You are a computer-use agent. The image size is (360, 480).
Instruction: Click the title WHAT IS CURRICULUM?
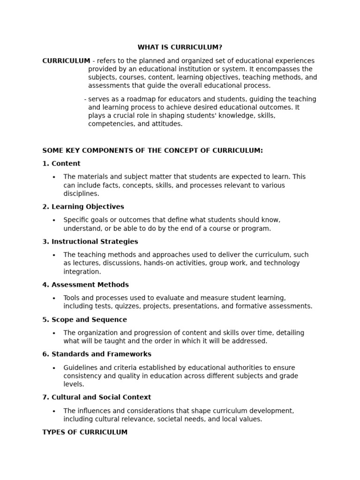click(x=180, y=47)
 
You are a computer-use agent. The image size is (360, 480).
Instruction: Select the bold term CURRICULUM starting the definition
click(x=66, y=60)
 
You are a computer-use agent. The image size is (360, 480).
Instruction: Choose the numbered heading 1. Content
click(x=61, y=164)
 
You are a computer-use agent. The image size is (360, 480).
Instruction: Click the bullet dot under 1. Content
click(x=54, y=177)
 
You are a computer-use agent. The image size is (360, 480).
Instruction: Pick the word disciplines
click(x=81, y=194)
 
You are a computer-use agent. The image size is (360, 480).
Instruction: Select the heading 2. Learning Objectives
click(x=83, y=207)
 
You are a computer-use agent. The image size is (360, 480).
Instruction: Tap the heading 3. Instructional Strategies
click(x=90, y=241)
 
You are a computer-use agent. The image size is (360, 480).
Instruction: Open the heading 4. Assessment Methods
click(x=85, y=285)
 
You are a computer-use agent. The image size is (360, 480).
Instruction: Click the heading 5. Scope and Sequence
click(x=84, y=320)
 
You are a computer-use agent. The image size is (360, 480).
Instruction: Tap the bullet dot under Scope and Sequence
click(x=54, y=333)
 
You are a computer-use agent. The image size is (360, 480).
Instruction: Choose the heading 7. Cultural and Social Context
click(x=97, y=397)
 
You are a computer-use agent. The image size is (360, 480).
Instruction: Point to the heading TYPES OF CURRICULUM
click(x=85, y=432)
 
